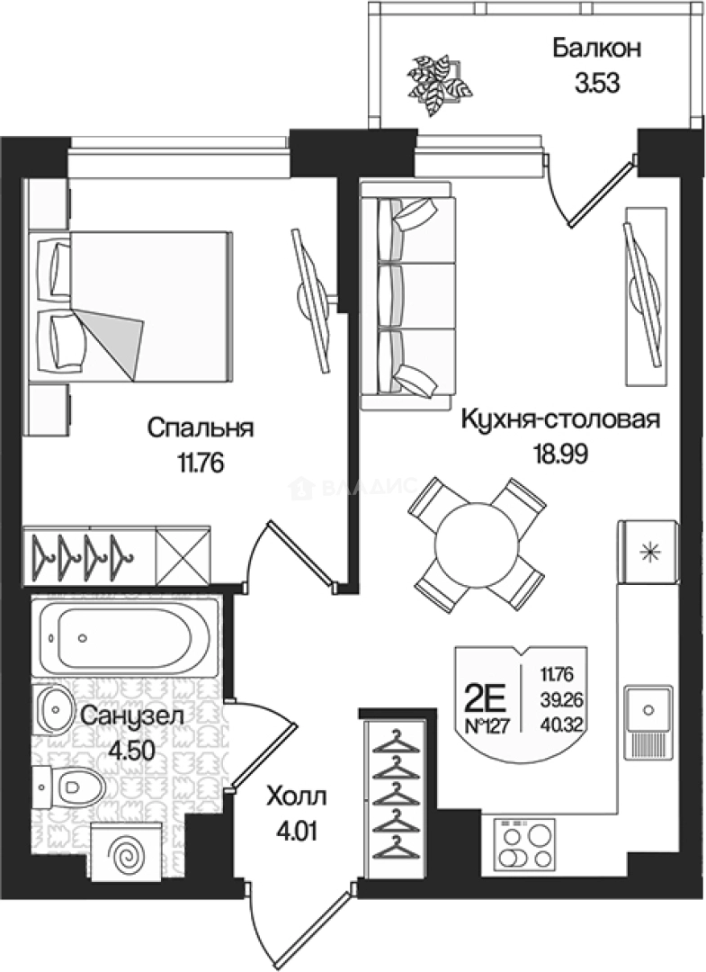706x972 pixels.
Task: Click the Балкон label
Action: pyautogui.click(x=596, y=49)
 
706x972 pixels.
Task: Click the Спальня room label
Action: pyautogui.click(x=201, y=427)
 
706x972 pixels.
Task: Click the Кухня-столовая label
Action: pyautogui.click(x=561, y=419)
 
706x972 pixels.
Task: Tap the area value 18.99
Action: pyautogui.click(x=559, y=454)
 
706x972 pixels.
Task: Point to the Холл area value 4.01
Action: pyautogui.click(x=296, y=826)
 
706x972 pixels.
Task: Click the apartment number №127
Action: pyautogui.click(x=487, y=726)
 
